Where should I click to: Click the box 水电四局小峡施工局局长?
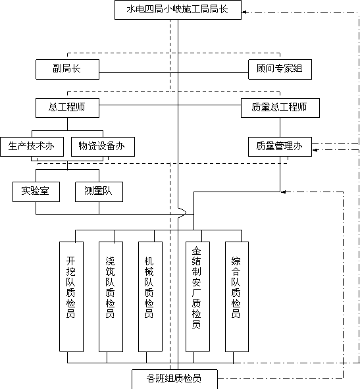point(178,10)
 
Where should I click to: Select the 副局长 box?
point(68,69)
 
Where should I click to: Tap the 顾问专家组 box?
point(280,69)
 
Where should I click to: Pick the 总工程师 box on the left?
point(68,108)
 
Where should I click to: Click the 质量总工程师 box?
point(280,108)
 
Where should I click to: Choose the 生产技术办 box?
point(32,147)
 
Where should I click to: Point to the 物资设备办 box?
point(103,147)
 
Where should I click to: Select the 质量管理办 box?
point(280,147)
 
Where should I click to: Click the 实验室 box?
point(36,192)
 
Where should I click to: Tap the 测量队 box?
point(99,192)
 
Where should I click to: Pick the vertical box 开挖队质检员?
point(72,297)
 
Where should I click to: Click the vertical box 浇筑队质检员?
point(111,297)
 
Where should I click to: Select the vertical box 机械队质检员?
point(150,297)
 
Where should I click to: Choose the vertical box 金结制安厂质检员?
point(197,297)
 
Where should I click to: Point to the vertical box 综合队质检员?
point(237,297)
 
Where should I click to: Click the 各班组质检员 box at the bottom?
point(174,379)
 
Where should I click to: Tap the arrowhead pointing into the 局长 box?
point(244,12)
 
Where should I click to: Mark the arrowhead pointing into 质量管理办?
point(315,150)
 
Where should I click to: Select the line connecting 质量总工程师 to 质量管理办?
point(280,127)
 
